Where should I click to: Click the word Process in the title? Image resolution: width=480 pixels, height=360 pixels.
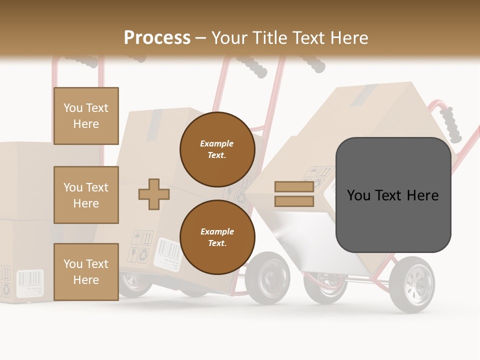pyautogui.click(x=157, y=37)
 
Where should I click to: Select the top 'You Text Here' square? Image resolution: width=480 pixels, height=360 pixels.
pyautogui.click(x=86, y=116)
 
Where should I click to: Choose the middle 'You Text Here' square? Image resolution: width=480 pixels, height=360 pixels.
pyautogui.click(x=86, y=195)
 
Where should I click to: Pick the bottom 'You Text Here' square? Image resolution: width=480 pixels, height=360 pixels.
pyautogui.click(x=86, y=271)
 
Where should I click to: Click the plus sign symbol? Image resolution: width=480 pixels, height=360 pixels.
pyautogui.click(x=153, y=194)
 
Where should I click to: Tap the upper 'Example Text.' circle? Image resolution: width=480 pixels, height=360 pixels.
pyautogui.click(x=217, y=149)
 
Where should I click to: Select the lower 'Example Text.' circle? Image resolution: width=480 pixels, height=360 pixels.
pyautogui.click(x=217, y=237)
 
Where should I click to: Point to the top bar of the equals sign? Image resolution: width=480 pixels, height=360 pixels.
pyautogui.click(x=294, y=186)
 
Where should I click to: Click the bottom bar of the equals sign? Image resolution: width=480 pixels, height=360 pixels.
pyautogui.click(x=294, y=201)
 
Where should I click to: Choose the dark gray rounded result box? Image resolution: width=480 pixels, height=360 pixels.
pyautogui.click(x=393, y=195)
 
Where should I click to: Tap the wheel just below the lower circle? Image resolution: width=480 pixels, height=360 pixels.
pyautogui.click(x=268, y=278)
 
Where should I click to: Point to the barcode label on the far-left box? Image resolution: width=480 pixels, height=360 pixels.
pyautogui.click(x=29, y=283)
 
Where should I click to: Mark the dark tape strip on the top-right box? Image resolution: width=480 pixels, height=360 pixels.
pyautogui.click(x=363, y=95)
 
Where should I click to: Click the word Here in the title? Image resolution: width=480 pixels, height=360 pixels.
pyautogui.click(x=346, y=37)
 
